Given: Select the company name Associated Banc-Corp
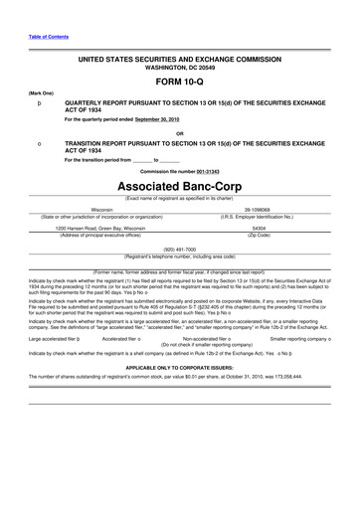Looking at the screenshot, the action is click(x=179, y=187).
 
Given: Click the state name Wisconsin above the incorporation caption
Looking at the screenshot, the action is click(x=102, y=211).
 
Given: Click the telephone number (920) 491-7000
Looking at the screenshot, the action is click(x=180, y=250).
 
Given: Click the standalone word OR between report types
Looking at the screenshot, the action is click(x=179, y=134).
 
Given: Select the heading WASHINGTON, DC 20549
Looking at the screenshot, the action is click(x=179, y=69).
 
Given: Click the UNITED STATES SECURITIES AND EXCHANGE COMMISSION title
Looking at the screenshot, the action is click(x=179, y=60).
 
